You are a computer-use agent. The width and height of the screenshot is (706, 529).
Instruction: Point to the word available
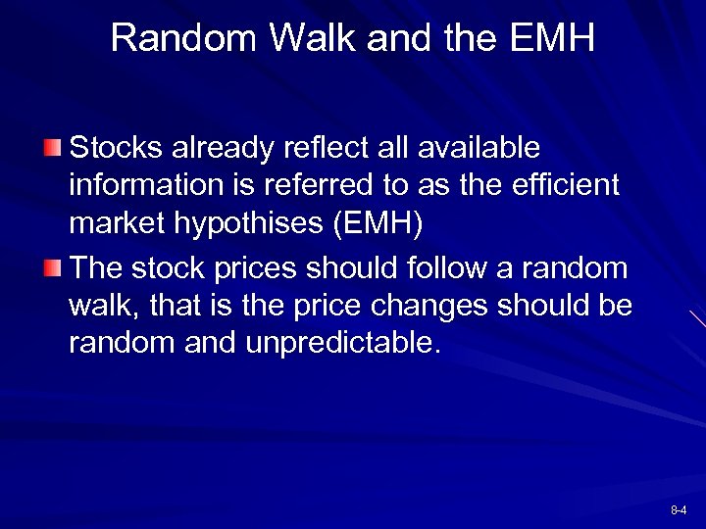click(479, 148)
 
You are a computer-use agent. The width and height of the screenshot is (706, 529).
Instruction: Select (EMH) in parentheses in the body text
click(378, 223)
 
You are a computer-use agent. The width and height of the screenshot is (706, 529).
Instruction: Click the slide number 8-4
click(679, 510)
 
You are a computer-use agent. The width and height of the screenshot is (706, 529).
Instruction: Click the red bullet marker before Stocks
click(53, 149)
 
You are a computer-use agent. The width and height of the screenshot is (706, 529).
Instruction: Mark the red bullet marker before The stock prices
click(53, 268)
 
